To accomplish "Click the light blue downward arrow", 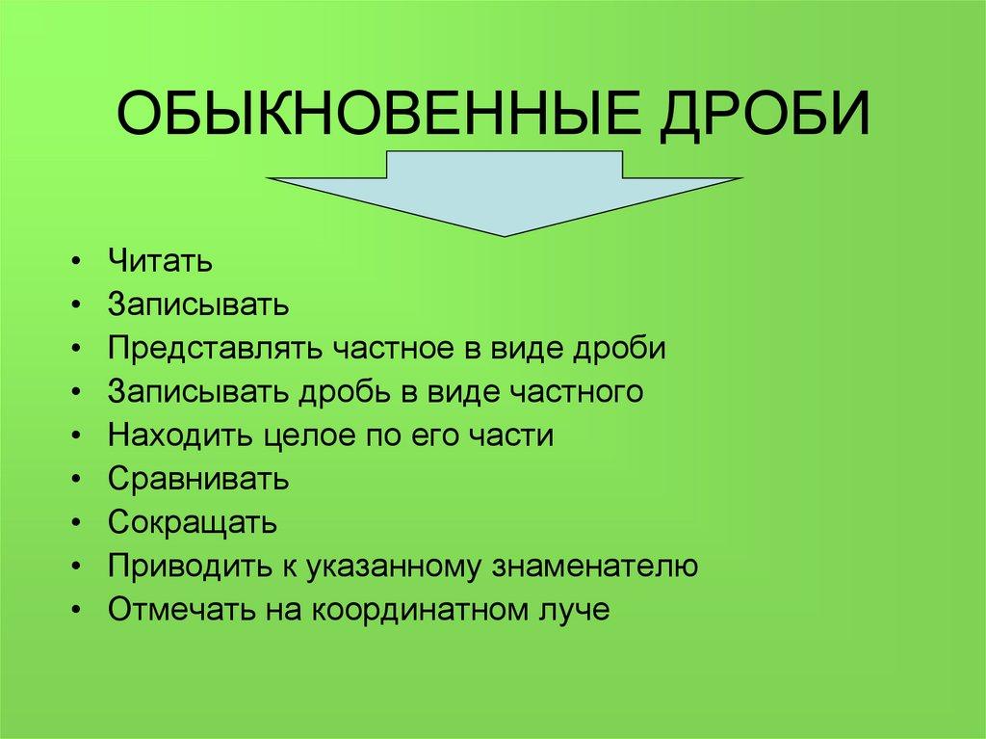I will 505,193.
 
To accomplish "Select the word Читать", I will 160,261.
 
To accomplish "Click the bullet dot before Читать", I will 76,263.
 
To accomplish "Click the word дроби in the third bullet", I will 621,348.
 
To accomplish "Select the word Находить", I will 180,435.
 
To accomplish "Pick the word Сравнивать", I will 197,479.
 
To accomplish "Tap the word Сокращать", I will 193,523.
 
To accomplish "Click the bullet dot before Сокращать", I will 76,525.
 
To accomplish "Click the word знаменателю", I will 597,567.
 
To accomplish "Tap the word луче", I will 574,610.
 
